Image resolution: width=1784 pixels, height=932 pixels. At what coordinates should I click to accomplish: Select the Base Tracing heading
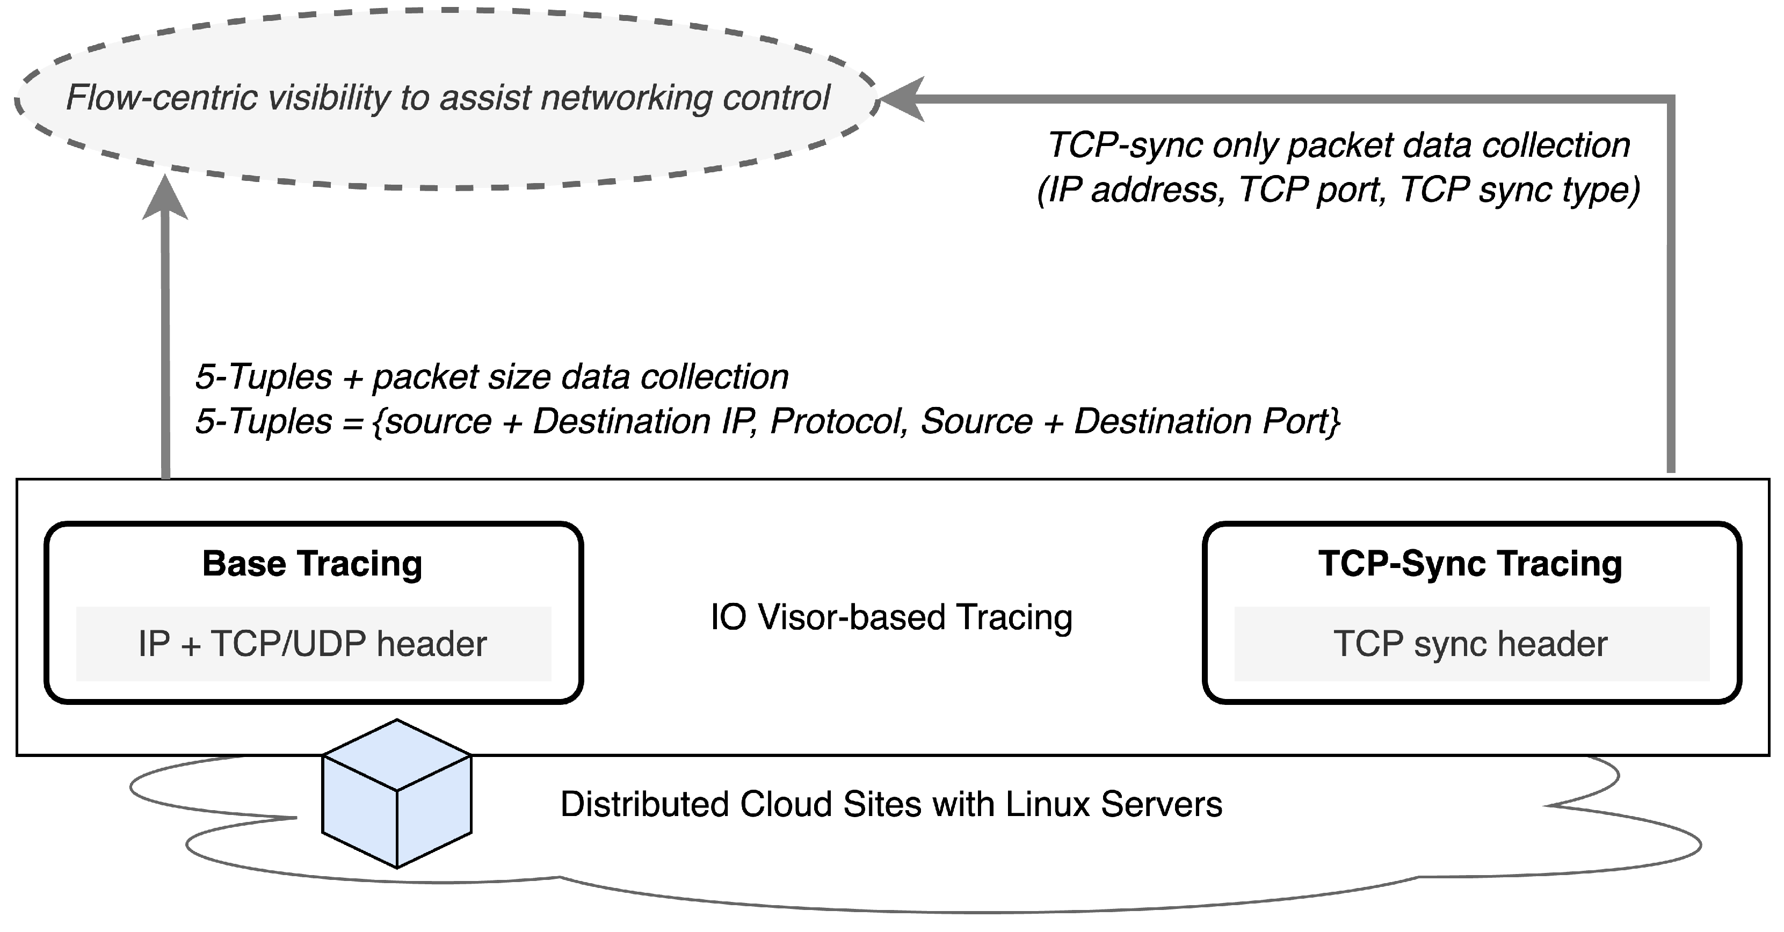point(311,564)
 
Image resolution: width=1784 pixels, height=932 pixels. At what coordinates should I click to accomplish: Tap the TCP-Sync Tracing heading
point(1470,564)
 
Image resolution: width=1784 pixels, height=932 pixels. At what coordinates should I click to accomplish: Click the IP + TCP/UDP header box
point(313,644)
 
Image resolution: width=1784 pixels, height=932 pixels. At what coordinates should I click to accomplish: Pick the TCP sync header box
point(1471,644)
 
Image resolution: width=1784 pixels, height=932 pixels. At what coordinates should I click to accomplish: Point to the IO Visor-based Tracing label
point(891,617)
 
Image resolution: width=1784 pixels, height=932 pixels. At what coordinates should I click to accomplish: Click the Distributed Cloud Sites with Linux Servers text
point(891,805)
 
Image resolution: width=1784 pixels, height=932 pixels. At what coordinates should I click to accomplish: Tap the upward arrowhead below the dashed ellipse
point(165,198)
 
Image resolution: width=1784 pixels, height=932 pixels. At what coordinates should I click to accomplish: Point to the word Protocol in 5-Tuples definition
point(838,421)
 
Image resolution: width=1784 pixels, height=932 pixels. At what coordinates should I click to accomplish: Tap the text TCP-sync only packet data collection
point(1338,145)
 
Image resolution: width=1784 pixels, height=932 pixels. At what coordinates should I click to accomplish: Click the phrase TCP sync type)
point(1520,190)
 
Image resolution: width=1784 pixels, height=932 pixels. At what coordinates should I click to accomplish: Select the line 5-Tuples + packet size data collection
point(492,377)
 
